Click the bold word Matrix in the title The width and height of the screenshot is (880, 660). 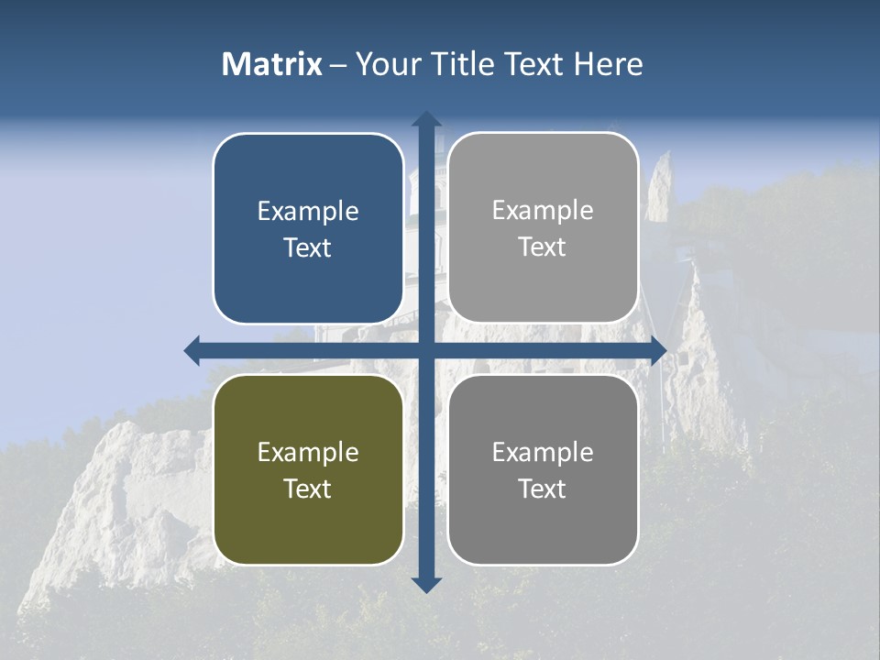272,64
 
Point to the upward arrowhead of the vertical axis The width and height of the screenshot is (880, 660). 426,119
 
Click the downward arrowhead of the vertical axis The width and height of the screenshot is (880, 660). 426,584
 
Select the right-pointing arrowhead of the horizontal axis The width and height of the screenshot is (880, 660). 657,350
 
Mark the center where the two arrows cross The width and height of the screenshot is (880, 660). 426,350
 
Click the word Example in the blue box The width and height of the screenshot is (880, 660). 308,211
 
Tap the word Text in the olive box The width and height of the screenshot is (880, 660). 308,489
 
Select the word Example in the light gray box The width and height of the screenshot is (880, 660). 543,210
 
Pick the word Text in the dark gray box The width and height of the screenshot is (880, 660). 543,489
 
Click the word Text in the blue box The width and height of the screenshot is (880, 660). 308,247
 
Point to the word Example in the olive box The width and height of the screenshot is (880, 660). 308,452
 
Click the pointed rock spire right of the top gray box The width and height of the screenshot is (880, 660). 659,188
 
